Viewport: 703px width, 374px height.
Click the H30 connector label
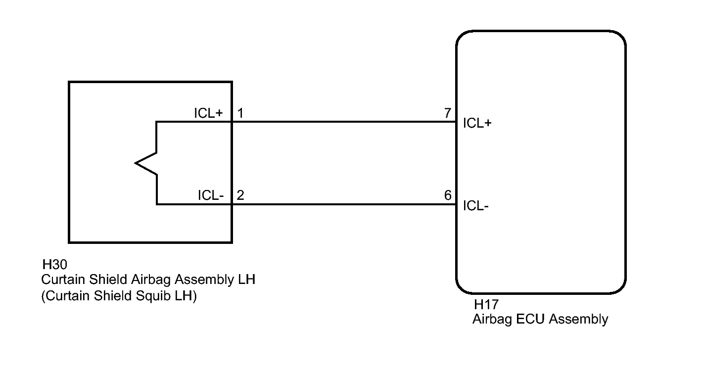tap(54, 265)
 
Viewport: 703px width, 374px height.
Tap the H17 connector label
tap(486, 304)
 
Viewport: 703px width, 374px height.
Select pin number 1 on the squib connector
tap(240, 113)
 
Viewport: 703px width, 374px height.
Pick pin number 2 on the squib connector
tap(240, 195)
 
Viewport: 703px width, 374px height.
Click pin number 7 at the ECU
tap(448, 113)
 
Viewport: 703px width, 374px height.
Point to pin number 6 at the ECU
tap(448, 195)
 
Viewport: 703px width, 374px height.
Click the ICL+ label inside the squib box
tap(208, 113)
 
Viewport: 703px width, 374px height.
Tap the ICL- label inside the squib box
tap(211, 195)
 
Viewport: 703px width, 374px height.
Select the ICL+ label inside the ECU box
tap(477, 123)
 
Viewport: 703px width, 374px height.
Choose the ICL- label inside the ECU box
tap(476, 206)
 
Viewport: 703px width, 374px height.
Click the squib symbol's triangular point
tap(136, 163)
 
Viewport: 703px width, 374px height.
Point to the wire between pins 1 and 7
tap(344, 122)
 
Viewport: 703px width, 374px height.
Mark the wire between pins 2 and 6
tap(344, 204)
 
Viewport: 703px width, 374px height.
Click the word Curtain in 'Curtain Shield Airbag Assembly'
tap(63, 280)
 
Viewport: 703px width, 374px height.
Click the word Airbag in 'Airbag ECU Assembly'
tap(492, 320)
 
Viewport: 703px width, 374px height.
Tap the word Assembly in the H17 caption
tap(578, 320)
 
